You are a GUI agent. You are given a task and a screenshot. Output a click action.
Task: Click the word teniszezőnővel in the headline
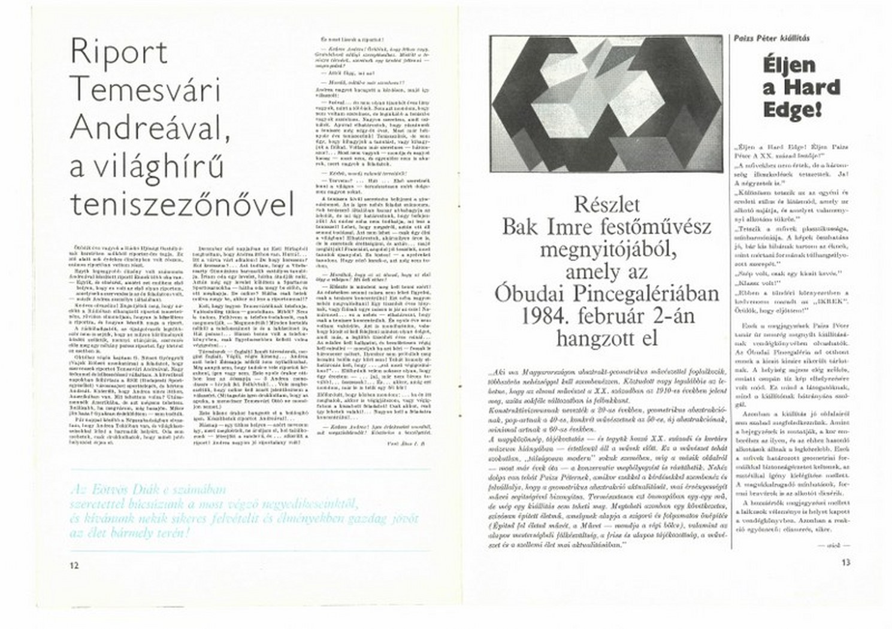click(x=183, y=204)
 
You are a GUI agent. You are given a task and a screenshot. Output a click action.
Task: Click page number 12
click(x=74, y=565)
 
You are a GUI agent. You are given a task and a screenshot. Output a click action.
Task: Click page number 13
click(x=845, y=563)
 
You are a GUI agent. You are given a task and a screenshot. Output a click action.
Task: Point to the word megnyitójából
click(x=607, y=250)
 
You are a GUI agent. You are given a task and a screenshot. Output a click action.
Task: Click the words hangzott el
click(x=607, y=338)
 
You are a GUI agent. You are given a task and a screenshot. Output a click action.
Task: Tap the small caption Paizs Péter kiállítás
click(x=772, y=38)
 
